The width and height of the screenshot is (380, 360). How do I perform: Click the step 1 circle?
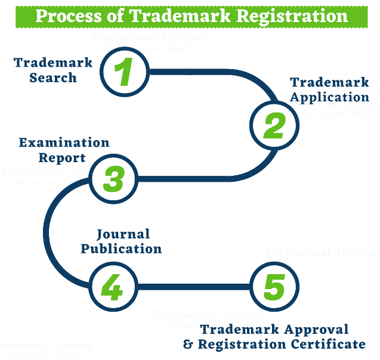(x=123, y=72)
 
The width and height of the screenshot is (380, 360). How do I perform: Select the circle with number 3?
(x=113, y=178)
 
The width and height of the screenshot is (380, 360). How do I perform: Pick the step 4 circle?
(x=112, y=288)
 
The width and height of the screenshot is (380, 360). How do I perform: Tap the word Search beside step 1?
(x=53, y=77)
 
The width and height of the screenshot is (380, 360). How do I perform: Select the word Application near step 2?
(x=329, y=97)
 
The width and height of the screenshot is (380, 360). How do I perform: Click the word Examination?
(x=64, y=142)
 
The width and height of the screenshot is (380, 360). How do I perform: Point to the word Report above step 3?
(x=63, y=158)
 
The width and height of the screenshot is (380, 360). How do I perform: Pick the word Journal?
(x=123, y=234)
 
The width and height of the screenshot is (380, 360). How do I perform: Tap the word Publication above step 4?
(x=121, y=249)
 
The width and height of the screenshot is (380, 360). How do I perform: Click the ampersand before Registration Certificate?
(x=188, y=344)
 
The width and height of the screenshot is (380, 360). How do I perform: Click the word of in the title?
(x=114, y=15)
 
